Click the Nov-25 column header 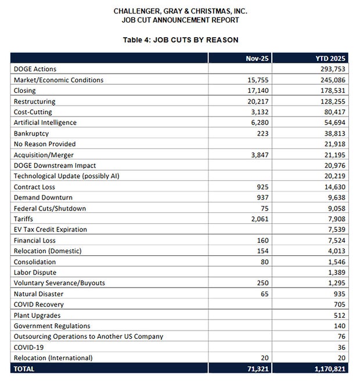[255, 59]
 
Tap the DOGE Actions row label [35, 69]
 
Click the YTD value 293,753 [332, 69]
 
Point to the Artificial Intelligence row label [45, 122]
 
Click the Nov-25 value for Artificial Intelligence [257, 122]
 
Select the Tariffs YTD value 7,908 [336, 219]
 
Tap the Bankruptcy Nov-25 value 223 [261, 133]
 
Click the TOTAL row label [24, 368]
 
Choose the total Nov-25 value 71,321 [254, 368]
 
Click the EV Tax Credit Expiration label [51, 229]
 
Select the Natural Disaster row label [39, 293]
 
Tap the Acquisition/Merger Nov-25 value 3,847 [257, 154]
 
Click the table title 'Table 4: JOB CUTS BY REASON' [180, 40]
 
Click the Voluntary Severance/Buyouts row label [59, 283]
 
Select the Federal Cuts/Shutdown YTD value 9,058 [336, 208]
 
